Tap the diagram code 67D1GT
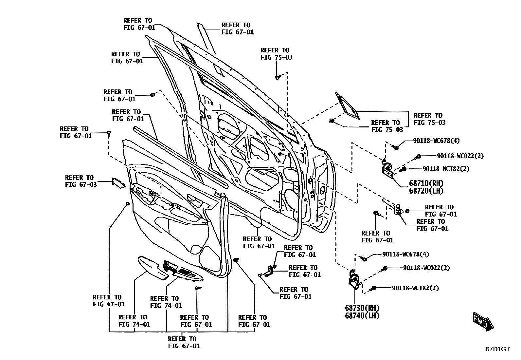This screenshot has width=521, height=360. pyautogui.click(x=497, y=349)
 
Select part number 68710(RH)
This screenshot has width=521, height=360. pyautogui.click(x=426, y=183)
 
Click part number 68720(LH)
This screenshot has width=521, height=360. pyautogui.click(x=426, y=191)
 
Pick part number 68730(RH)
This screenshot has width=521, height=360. pyautogui.click(x=362, y=308)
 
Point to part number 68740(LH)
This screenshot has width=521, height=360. pyautogui.click(x=362, y=316)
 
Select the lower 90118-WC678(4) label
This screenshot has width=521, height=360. pyautogui.click(x=405, y=254)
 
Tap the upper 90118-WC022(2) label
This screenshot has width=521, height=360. pyautogui.click(x=460, y=156)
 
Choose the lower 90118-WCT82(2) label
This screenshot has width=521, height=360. pyautogui.click(x=415, y=288)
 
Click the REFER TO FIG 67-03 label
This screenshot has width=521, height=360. pyautogui.click(x=81, y=181)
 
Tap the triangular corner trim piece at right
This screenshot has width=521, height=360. pyautogui.click(x=347, y=106)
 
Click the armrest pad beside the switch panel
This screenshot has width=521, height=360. pyautogui.click(x=152, y=267)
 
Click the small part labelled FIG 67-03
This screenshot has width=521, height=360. pyautogui.click(x=118, y=182)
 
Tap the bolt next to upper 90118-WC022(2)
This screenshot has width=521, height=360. pyautogui.click(x=418, y=157)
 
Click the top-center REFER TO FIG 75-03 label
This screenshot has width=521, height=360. pyautogui.click(x=276, y=54)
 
